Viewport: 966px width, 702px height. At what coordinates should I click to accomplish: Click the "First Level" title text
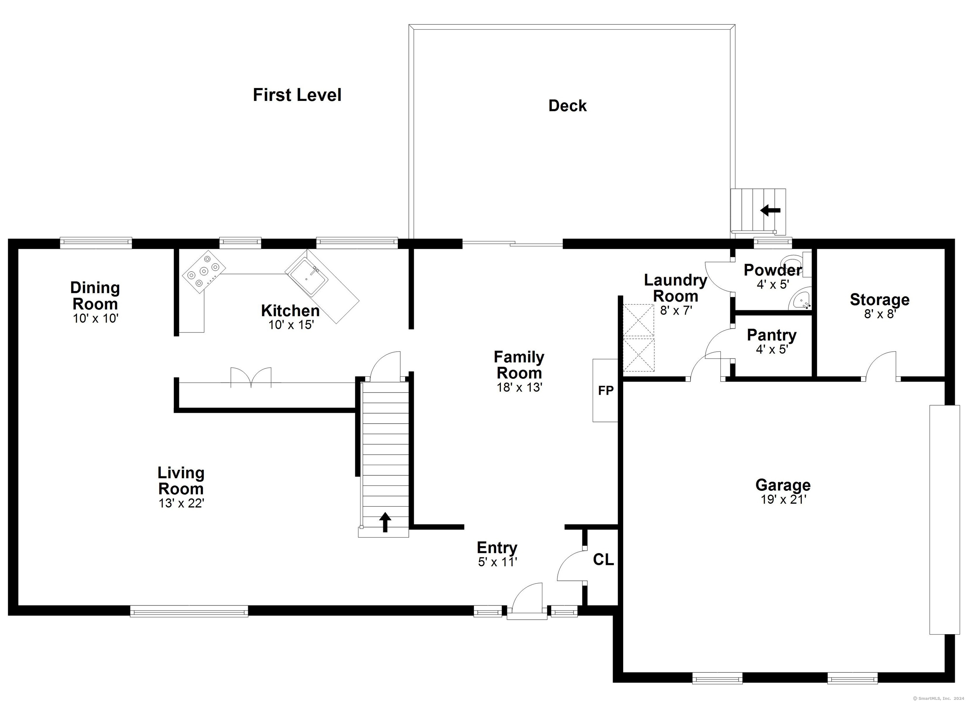pos(297,95)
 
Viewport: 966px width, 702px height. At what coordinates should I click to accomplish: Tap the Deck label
pos(567,106)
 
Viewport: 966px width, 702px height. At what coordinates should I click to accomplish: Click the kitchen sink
pos(308,277)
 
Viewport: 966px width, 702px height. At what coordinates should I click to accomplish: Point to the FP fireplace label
pos(606,390)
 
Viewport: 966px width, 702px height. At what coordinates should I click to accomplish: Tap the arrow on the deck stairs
pos(770,210)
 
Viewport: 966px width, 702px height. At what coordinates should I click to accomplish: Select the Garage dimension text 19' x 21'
pos(783,499)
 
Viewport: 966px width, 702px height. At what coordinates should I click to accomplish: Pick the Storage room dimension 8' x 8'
pos(880,314)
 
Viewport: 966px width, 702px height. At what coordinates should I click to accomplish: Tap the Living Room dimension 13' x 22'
pos(181,503)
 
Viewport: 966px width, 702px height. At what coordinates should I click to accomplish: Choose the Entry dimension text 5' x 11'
pos(497,562)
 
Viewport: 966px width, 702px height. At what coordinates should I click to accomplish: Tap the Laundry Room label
pos(675,288)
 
